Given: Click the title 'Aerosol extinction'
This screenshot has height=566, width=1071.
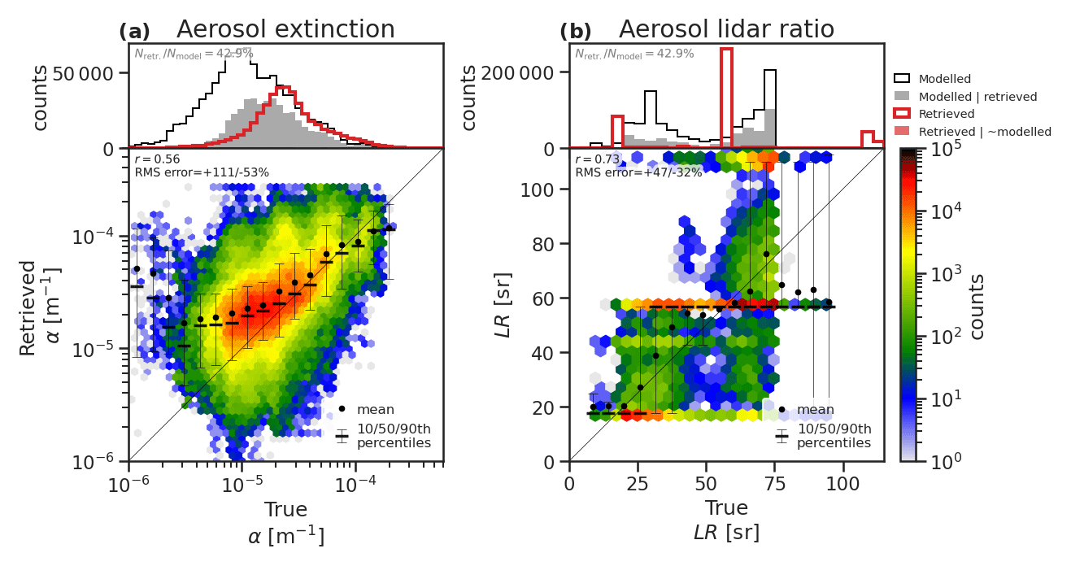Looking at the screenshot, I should click(x=285, y=29).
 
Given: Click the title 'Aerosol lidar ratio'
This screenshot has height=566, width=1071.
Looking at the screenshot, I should click(x=726, y=29).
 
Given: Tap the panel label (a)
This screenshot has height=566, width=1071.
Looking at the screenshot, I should click(x=134, y=32).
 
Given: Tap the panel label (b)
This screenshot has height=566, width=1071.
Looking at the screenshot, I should click(x=576, y=32).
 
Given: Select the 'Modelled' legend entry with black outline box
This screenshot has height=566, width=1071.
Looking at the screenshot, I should click(x=944, y=79).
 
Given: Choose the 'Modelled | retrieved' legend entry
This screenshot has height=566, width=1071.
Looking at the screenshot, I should click(x=977, y=97).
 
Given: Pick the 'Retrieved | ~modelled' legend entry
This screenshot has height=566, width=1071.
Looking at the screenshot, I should click(x=985, y=131).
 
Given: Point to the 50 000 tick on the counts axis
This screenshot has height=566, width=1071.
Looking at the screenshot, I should click(x=88, y=72).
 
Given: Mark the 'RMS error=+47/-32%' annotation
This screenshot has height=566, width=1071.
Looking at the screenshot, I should click(x=638, y=172).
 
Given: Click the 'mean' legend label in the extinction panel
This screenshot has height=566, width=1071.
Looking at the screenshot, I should click(x=376, y=409).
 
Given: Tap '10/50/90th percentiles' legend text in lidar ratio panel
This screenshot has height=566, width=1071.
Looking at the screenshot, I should click(x=834, y=436).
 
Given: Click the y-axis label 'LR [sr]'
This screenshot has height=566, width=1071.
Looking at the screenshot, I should click(x=505, y=305).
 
